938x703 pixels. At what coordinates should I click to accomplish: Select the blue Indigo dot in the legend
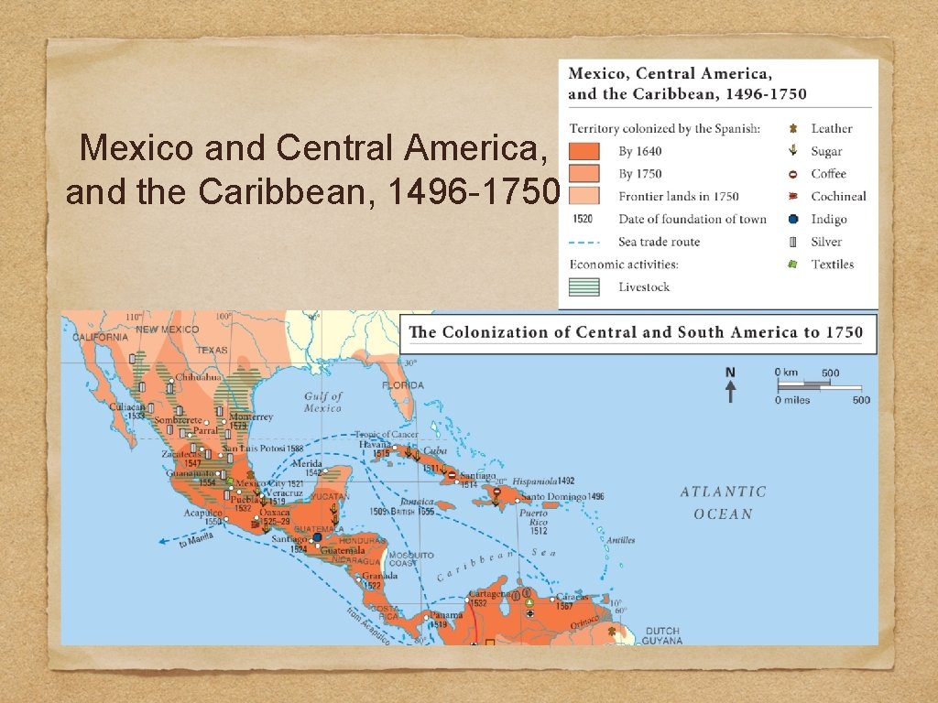pyautogui.click(x=793, y=219)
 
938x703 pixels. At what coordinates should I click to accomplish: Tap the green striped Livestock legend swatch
pyautogui.click(x=584, y=287)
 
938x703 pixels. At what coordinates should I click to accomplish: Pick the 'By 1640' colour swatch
pyautogui.click(x=584, y=151)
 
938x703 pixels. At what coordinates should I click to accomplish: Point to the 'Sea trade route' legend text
pyautogui.click(x=659, y=242)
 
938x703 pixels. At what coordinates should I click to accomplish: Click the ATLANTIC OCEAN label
pyautogui.click(x=723, y=503)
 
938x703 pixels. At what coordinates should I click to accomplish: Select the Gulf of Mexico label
pyautogui.click(x=322, y=402)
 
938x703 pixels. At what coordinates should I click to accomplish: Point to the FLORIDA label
pyautogui.click(x=403, y=385)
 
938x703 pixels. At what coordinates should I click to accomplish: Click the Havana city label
pyautogui.click(x=375, y=444)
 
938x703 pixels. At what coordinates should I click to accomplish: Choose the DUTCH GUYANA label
pyautogui.click(x=662, y=635)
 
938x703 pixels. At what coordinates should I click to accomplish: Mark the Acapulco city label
pyautogui.click(x=202, y=513)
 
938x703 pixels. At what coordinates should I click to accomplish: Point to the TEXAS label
pyautogui.click(x=212, y=350)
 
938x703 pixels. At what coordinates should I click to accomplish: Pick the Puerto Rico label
pyautogui.click(x=533, y=521)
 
